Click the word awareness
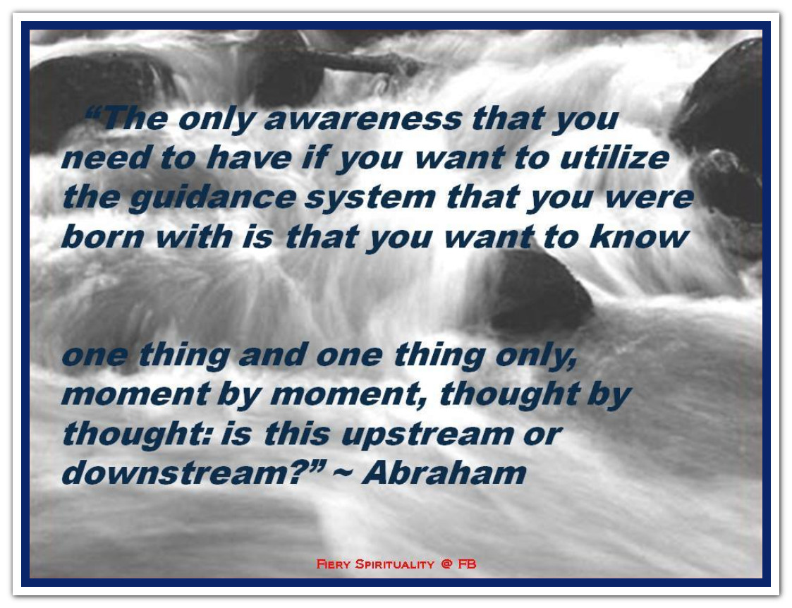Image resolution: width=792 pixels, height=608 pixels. (363, 119)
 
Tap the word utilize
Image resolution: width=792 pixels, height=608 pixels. (615, 157)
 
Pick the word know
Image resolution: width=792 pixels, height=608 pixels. (639, 236)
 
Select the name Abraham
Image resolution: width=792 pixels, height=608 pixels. (444, 473)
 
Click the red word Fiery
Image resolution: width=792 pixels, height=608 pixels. (334, 564)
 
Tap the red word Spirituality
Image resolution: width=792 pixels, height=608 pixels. (394, 564)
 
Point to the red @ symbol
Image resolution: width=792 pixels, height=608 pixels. (446, 564)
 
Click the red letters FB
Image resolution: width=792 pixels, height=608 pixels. (467, 564)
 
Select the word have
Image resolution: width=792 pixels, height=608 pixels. (248, 158)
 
